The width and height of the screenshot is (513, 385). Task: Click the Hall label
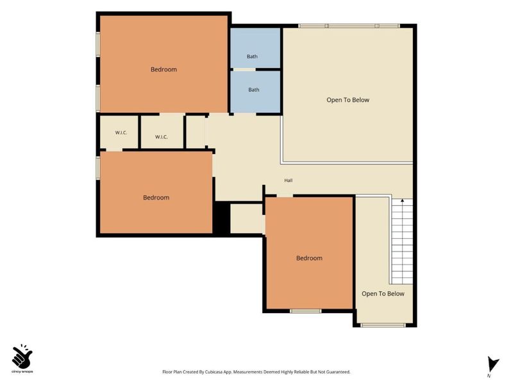[288, 180]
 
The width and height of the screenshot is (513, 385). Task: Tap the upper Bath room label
[252, 56]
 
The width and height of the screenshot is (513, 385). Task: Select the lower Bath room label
[253, 90]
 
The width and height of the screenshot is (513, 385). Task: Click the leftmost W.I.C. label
[121, 133]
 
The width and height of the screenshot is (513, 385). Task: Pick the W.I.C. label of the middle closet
[162, 137]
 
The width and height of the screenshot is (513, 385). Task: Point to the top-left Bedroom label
[164, 69]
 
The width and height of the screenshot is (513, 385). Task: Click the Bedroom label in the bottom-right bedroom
[309, 258]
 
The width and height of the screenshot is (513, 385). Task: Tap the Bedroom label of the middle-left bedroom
[156, 198]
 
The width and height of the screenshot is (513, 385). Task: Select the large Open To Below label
[348, 100]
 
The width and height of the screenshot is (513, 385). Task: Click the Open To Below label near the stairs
[383, 294]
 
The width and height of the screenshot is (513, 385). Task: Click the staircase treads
[402, 242]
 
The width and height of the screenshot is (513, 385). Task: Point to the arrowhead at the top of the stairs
[402, 200]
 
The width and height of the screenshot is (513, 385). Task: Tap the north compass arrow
[492, 364]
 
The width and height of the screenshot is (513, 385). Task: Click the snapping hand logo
[22, 356]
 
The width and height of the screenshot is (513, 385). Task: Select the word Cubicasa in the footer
[214, 372]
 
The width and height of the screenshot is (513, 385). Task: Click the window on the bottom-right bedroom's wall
[306, 311]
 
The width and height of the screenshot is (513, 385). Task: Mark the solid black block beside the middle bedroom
[221, 218]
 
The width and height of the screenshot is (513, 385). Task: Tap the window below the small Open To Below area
[383, 325]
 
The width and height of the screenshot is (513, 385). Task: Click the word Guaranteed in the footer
[339, 372]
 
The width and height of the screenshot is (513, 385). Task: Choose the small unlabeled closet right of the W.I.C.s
[196, 132]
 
